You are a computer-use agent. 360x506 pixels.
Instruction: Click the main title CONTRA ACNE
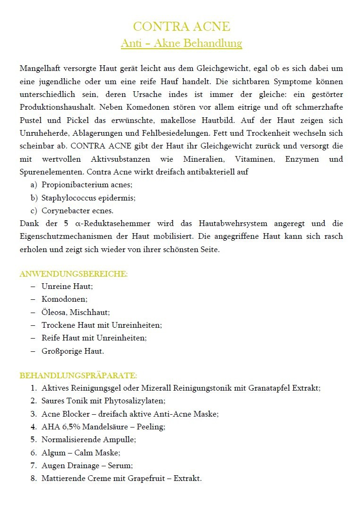click(x=181, y=26)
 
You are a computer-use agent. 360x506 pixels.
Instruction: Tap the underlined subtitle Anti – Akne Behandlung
click(x=181, y=44)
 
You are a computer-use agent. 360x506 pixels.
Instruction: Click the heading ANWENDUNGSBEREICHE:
click(x=73, y=274)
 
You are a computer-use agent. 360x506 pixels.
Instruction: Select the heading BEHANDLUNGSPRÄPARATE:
click(x=78, y=375)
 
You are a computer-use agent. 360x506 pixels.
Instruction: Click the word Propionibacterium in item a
click(x=72, y=185)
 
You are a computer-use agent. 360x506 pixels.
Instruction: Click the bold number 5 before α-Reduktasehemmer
click(x=67, y=223)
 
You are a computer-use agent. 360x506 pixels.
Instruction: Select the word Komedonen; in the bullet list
click(x=65, y=299)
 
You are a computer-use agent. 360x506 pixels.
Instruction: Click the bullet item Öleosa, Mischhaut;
click(x=76, y=312)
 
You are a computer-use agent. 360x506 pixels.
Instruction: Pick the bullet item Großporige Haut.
click(x=73, y=351)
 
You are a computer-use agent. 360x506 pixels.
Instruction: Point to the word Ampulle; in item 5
click(x=120, y=439)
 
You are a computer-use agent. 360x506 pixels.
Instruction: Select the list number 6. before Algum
click(x=34, y=453)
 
